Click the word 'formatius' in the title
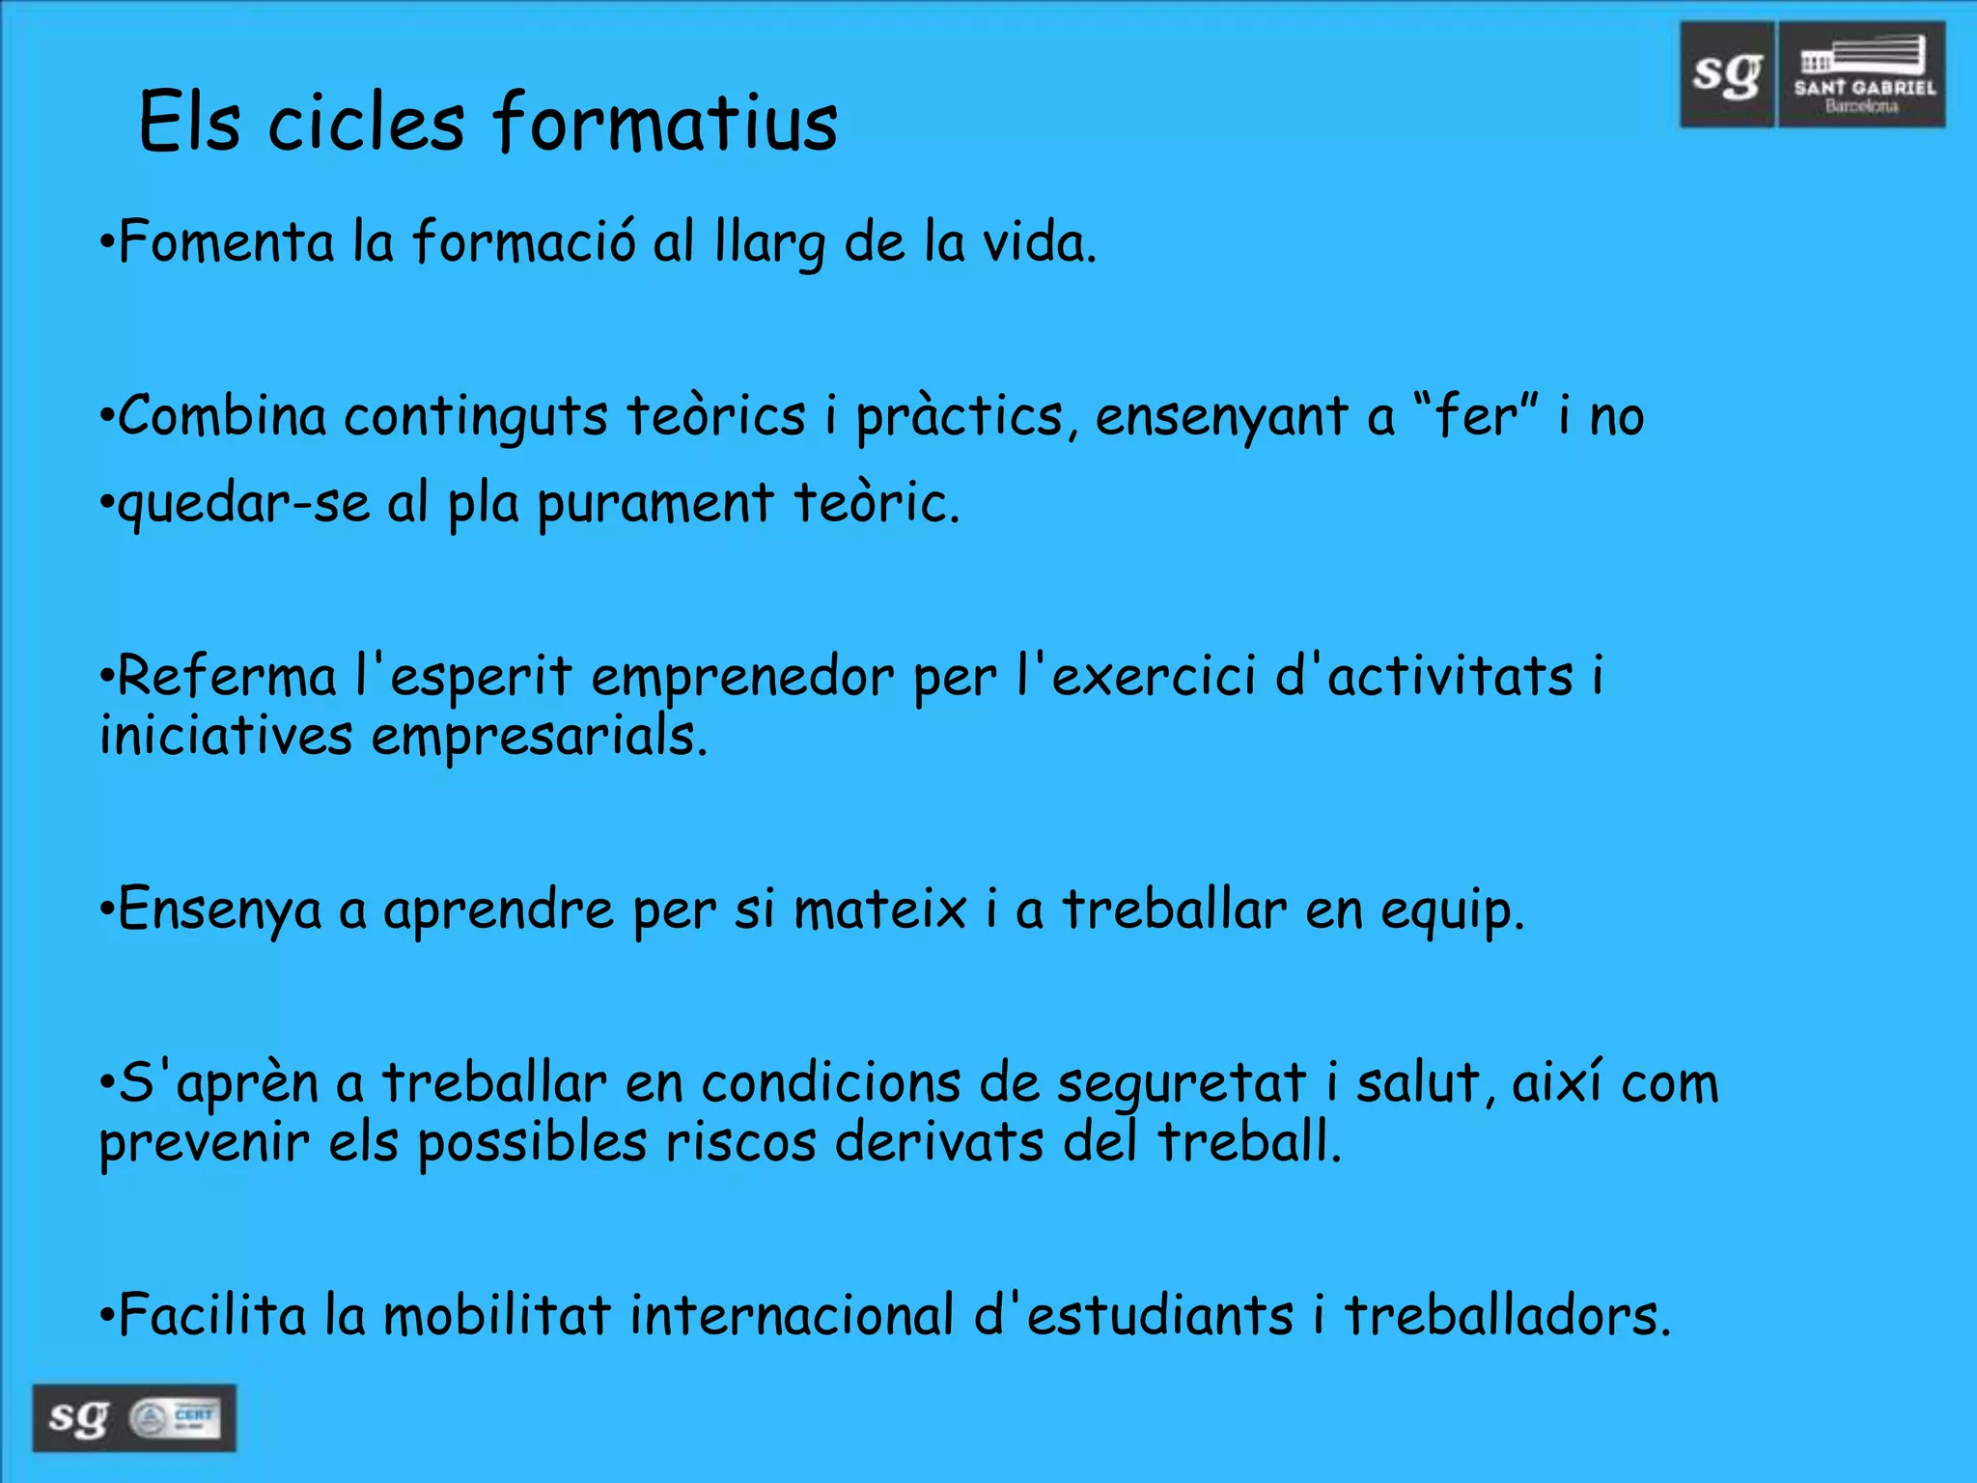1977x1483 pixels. (665, 123)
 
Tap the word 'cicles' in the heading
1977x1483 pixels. (366, 123)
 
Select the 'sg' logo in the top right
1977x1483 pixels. (1727, 74)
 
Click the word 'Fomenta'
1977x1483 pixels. (226, 241)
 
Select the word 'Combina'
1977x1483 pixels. (223, 416)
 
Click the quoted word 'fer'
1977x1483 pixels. (1476, 416)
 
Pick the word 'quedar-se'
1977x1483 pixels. (243, 504)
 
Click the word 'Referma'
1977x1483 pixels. (227, 676)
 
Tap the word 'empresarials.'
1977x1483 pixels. (540, 738)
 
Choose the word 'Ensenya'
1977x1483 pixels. (219, 910)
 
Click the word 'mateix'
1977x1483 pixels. (879, 909)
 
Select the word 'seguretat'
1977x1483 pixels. (1182, 1084)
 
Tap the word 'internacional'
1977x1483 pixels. (792, 1315)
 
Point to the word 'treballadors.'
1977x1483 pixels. (1507, 1315)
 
